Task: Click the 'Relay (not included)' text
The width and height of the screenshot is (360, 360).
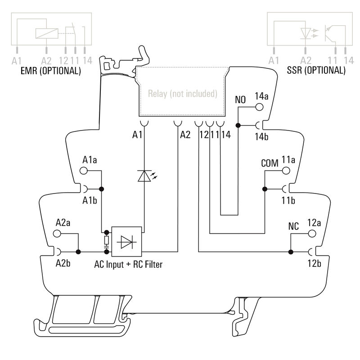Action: (182, 94)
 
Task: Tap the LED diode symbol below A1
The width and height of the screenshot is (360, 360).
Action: (144, 175)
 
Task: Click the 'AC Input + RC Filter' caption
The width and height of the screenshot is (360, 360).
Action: (128, 265)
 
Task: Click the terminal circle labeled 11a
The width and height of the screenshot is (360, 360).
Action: (285, 171)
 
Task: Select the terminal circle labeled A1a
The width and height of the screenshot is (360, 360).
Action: (83, 171)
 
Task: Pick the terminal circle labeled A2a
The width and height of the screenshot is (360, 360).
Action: (57, 234)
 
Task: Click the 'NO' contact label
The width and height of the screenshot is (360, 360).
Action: (241, 99)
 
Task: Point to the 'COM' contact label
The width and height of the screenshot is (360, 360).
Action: (270, 162)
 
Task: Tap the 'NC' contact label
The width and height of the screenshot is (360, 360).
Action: (293, 226)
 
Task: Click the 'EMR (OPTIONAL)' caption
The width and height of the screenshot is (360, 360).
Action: (51, 71)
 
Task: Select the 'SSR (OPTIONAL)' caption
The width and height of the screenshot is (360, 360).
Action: (316, 71)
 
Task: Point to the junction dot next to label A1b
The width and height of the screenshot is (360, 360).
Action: (102, 189)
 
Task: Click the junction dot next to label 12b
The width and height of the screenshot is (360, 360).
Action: (291, 252)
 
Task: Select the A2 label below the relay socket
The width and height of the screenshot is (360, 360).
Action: (185, 134)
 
